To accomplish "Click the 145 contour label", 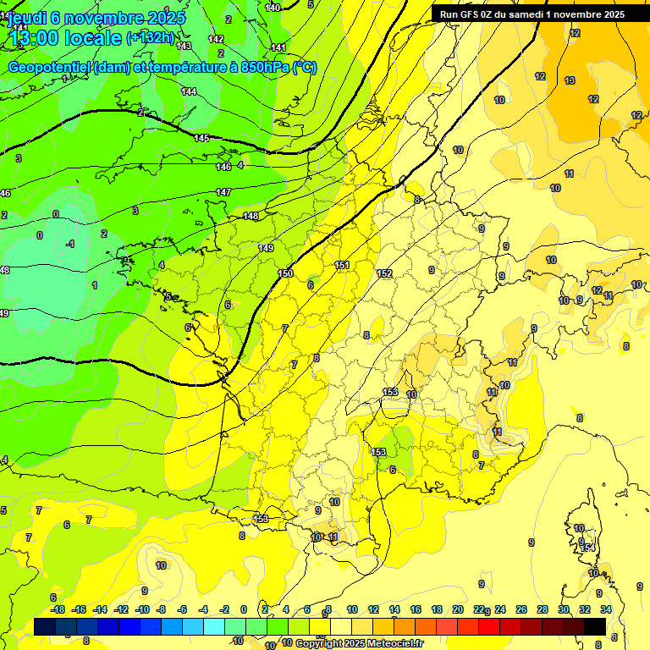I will point(201,138).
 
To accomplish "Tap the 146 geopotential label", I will point(223,167).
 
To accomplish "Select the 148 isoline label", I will point(251,216).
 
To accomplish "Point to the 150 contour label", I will point(285,273).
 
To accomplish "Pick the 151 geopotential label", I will point(342,265).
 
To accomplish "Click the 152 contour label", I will point(384,273).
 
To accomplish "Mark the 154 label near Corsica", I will point(587,548).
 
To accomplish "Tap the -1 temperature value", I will point(70,244).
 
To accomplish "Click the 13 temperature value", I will point(570,80).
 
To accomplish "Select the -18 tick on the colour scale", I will point(58,609).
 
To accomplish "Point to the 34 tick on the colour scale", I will point(606,609).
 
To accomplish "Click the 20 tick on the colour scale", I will point(458,609).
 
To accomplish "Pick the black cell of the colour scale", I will point(595,625).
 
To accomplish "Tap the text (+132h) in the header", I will point(150,37).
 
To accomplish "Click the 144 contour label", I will point(189,91).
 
